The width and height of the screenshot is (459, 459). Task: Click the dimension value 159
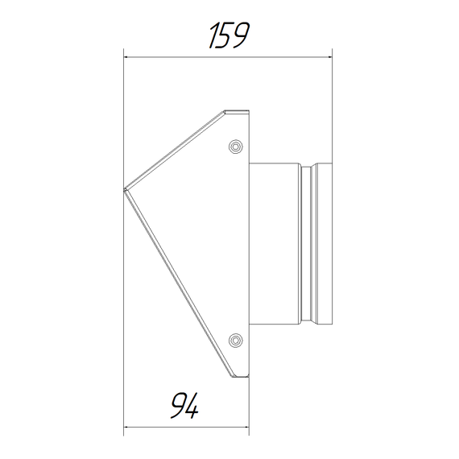229,35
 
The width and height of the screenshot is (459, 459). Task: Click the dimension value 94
184,406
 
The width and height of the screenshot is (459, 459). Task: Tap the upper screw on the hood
236,146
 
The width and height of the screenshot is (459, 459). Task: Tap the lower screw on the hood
236,340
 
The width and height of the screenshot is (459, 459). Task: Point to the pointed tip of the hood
124,189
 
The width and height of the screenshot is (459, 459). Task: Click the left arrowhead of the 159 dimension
126,57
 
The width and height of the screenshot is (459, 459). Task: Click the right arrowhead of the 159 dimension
329,57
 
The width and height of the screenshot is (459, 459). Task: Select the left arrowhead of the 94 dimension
126,427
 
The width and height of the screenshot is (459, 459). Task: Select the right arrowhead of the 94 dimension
246,427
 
